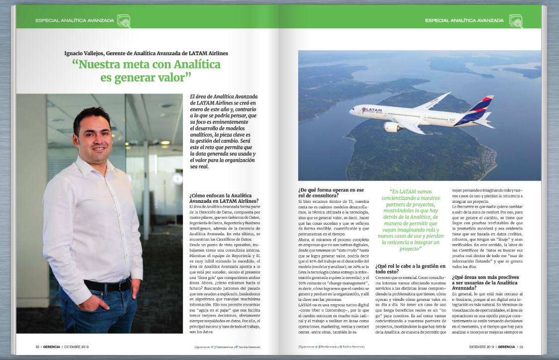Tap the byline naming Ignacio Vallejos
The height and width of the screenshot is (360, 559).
coord(146,53)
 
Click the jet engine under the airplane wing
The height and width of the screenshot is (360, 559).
coord(393,127)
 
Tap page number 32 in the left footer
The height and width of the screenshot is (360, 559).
coord(37,347)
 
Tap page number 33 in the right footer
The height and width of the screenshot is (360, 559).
coord(520,347)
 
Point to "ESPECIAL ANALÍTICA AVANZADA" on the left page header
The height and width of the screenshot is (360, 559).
coord(75,21)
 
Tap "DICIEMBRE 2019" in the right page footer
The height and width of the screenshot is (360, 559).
coord(479,347)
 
